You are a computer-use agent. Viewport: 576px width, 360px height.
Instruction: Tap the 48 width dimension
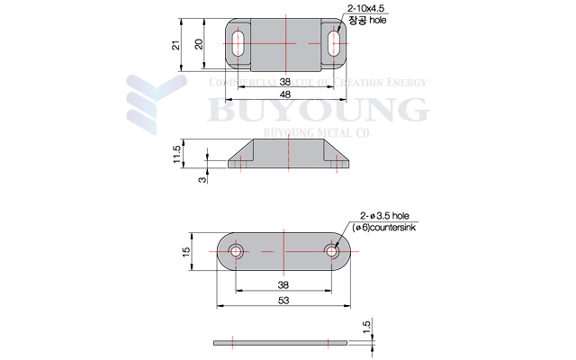tap(284, 94)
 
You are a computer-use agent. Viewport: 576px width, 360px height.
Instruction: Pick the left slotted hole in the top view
tap(241, 44)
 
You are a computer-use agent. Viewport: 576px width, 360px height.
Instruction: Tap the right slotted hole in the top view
tap(334, 44)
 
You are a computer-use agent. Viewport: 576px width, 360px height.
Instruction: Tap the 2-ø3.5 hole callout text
tap(384, 216)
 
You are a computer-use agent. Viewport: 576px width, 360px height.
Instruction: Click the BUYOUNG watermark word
tap(316, 110)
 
